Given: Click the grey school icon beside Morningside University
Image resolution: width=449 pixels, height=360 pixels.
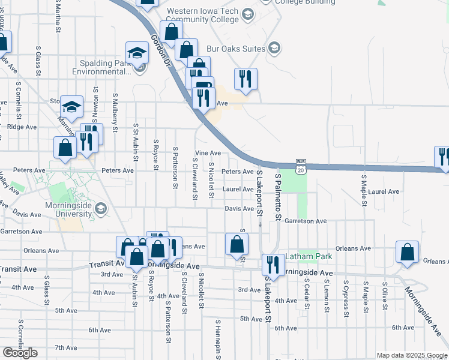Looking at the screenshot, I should coord(101,208).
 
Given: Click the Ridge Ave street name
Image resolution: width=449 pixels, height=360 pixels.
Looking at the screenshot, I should coord(22,127).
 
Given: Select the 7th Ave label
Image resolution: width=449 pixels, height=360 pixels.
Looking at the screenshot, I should coord(66,347).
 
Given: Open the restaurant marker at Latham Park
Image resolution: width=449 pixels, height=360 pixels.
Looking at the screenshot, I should coord(273,264).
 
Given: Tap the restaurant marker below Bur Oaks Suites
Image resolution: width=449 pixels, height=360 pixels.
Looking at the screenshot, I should coord(245,79).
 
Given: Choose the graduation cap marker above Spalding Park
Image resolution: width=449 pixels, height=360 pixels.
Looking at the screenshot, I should coord(137,53).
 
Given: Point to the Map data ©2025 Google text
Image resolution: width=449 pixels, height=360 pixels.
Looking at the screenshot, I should coord(412,355).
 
